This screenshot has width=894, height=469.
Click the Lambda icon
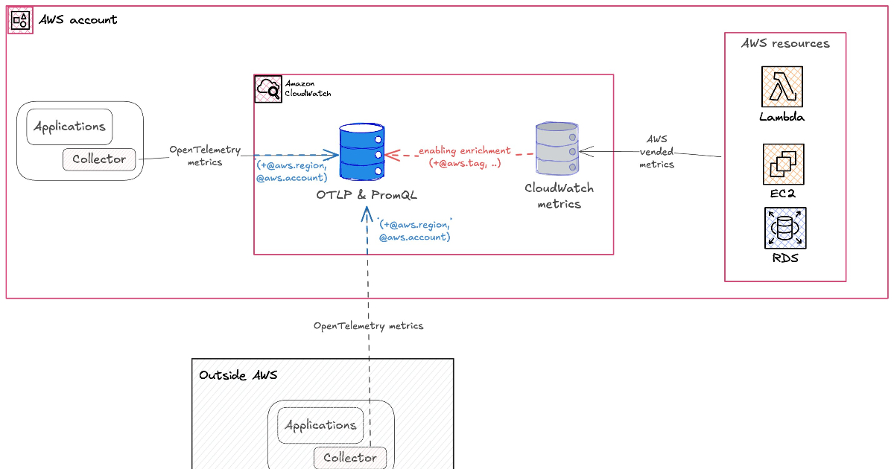coord(782,86)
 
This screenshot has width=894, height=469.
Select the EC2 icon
coord(783,165)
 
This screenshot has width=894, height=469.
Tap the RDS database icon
coord(785,228)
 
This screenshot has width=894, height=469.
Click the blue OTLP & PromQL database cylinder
coord(361,152)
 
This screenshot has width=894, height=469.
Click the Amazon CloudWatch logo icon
coord(268,89)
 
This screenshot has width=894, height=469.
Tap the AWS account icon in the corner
coord(20,20)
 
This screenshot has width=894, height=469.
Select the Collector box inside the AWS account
coord(99,159)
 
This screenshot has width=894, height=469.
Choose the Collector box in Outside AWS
coord(349,458)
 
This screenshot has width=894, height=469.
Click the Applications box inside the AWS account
coord(69,127)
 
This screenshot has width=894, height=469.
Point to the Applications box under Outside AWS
coord(320,425)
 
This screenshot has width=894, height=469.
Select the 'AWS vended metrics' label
coord(656,152)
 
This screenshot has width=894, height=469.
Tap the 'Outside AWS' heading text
coord(238,374)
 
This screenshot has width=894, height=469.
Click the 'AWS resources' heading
coord(785,44)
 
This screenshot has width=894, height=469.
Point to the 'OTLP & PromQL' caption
coord(367,195)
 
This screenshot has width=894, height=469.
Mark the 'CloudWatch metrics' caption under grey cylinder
coord(559,196)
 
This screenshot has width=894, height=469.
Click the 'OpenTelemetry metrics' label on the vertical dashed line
coord(368,326)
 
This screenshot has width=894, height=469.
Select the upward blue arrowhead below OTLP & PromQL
coord(367,214)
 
